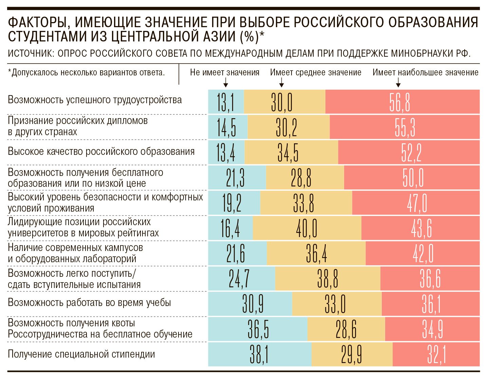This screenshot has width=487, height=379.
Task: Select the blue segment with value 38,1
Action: click(x=259, y=355)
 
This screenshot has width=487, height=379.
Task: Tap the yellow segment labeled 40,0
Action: click(x=307, y=228)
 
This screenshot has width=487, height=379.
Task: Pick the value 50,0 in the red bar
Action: click(x=413, y=178)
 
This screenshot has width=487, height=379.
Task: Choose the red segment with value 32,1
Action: click(x=436, y=355)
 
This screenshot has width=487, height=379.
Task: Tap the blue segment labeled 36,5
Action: click(x=258, y=329)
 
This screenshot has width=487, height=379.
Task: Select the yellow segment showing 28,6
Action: click(x=346, y=329)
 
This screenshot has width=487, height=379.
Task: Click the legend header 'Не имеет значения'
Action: click(x=225, y=72)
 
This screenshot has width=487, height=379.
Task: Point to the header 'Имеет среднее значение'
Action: click(x=316, y=72)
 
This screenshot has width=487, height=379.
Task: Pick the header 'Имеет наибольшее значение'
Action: click(x=425, y=72)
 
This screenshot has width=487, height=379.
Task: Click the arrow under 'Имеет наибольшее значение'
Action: click(x=398, y=83)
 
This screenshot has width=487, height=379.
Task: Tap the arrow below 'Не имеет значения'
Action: click(x=226, y=83)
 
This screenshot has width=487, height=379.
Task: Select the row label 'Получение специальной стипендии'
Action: click(x=81, y=354)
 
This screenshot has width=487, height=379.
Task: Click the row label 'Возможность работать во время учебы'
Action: click(x=89, y=303)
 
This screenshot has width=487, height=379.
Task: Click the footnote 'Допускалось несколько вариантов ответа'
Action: click(x=87, y=72)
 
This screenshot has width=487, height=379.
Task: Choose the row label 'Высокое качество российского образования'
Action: click(x=101, y=151)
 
